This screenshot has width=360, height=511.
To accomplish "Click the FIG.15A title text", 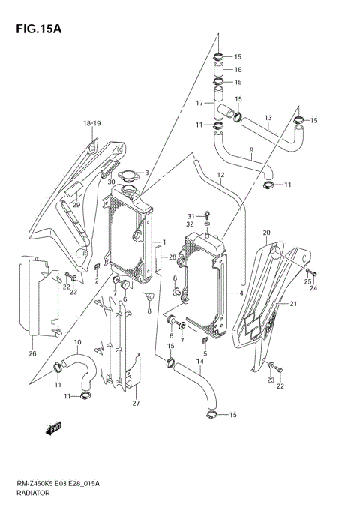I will tap(34, 29).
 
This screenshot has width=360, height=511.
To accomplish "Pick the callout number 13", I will tap(268, 117).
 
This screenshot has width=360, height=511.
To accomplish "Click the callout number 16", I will tap(238, 69).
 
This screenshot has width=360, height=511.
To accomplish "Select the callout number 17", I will tap(200, 103).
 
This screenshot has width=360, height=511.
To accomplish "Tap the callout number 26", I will tap(31, 354).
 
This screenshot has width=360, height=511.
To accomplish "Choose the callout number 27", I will tap(136, 404).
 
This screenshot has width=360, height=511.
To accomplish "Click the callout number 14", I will tap(199, 362).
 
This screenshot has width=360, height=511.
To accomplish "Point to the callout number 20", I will tap(265, 233).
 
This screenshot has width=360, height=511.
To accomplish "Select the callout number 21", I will tap(294, 303).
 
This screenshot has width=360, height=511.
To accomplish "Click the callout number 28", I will tap(172, 257).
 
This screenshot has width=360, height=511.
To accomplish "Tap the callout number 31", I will tap(190, 215).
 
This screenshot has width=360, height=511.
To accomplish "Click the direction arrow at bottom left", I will tap(52, 429).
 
